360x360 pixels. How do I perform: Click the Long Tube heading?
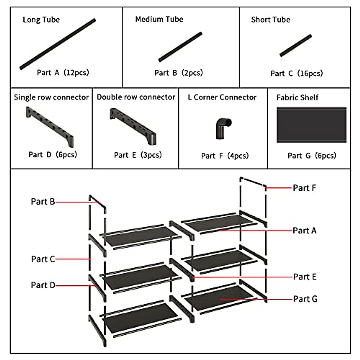tap(41, 20)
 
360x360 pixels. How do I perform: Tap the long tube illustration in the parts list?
tap(58, 44)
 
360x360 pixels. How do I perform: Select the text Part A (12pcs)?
tap(63, 73)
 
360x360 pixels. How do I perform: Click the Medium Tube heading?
tap(159, 19)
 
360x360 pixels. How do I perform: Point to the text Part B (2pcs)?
tap(178, 73)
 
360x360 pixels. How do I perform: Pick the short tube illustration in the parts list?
tap(295, 46)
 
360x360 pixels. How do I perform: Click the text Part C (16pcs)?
tap(296, 73)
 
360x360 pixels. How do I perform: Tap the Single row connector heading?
tap(51, 97)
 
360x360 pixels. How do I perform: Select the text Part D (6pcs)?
tap(52, 154)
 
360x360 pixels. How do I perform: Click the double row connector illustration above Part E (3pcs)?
tap(133, 126)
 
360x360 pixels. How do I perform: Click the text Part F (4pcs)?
tap(225, 156)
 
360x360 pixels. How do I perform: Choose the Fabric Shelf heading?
tap(297, 97)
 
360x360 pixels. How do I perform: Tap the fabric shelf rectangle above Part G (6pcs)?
tap(311, 124)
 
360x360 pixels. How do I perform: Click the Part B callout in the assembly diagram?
tap(43, 202)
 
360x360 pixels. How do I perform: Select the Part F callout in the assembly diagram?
tap(304, 188)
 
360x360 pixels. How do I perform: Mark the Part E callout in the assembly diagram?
tap(304, 277)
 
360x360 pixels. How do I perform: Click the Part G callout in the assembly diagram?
tap(305, 299)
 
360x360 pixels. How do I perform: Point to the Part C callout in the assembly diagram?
tap(43, 259)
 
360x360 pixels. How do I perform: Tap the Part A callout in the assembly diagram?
tap(304, 231)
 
